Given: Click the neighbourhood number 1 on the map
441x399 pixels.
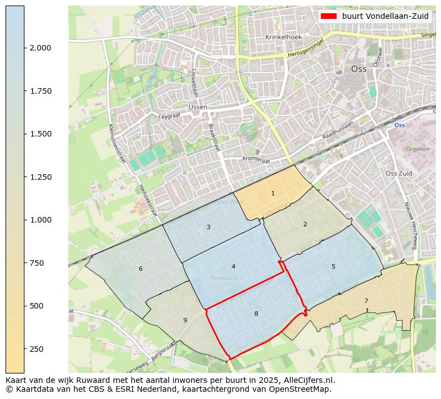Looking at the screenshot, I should (273, 193).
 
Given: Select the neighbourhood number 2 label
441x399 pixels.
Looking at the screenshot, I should (305, 224).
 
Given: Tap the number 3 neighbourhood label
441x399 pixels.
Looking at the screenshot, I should (208, 227).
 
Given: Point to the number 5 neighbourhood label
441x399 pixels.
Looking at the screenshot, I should (333, 266).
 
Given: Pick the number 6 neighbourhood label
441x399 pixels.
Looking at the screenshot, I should (141, 269).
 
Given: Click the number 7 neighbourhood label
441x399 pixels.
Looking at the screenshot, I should (366, 301).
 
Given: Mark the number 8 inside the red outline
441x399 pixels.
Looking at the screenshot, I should (256, 314).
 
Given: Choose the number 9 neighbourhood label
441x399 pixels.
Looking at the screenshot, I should (185, 320).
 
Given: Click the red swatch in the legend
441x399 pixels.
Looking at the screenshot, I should (329, 16).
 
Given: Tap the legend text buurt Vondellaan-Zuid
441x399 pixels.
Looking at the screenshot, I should (385, 16).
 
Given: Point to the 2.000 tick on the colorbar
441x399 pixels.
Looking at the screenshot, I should (41, 48).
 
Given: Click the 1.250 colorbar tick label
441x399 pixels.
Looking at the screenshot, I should (41, 177).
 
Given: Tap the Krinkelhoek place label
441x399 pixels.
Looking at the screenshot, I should (283, 37).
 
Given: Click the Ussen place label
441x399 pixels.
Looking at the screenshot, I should (198, 107).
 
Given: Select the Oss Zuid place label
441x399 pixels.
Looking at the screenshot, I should (399, 173).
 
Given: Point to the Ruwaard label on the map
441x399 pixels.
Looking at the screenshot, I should (224, 277).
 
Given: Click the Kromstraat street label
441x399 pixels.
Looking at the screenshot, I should (256, 159).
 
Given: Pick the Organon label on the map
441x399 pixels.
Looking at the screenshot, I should (418, 149).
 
